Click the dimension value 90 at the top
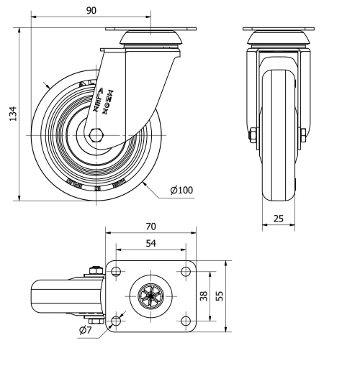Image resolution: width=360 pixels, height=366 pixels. pyautogui.click(x=91, y=11)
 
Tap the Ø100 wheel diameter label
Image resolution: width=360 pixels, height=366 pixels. pyautogui.click(x=181, y=190)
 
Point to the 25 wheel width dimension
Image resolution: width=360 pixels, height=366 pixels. pyautogui.click(x=277, y=219)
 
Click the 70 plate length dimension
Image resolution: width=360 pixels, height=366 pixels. pyautogui.click(x=150, y=227)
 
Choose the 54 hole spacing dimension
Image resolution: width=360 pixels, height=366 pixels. pyautogui.click(x=150, y=244)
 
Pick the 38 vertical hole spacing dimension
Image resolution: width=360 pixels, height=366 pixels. pyautogui.click(x=204, y=296)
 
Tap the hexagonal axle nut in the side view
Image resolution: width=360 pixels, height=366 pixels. pyautogui.click(x=97, y=134)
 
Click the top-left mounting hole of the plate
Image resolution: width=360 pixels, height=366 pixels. pyautogui.click(x=115, y=272)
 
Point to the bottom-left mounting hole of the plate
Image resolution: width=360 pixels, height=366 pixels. pyautogui.click(x=115, y=320)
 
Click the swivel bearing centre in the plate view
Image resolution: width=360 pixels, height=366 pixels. pyautogui.click(x=150, y=296)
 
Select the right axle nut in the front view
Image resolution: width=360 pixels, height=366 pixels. pyautogui.click(x=303, y=134)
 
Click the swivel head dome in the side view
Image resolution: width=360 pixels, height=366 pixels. pyautogui.click(x=150, y=38)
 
